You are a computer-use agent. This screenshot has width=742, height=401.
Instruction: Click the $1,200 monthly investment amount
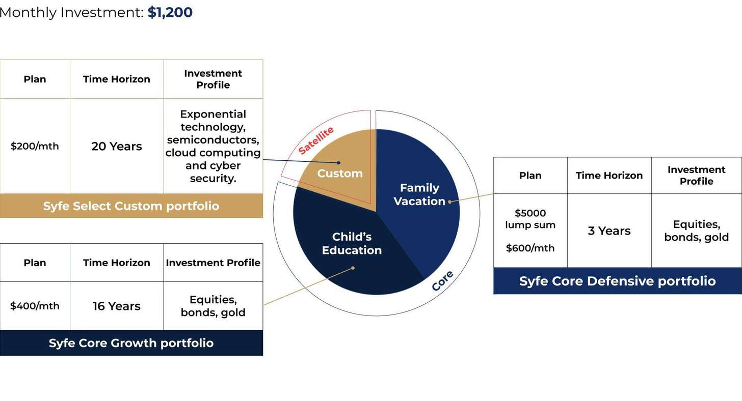(x=170, y=12)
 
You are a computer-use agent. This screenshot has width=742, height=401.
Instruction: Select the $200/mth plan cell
(x=35, y=146)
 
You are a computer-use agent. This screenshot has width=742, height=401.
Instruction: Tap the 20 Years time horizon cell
(x=117, y=146)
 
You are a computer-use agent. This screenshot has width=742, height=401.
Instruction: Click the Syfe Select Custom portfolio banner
(x=131, y=206)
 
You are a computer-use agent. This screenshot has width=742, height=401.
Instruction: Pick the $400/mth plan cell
(x=35, y=306)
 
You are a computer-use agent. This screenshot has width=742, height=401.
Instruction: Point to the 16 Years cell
(x=117, y=306)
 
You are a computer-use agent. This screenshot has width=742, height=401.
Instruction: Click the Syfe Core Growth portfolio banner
(x=131, y=343)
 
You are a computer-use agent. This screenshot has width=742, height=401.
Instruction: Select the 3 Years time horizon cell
(x=609, y=231)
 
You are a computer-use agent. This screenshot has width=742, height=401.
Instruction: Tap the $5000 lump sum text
(x=530, y=219)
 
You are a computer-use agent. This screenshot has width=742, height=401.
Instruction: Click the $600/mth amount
(x=530, y=248)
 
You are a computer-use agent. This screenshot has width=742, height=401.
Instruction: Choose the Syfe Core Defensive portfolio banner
(x=617, y=281)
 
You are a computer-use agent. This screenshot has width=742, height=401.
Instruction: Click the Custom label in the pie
(x=340, y=174)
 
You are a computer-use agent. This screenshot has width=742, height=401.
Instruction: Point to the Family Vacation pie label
(x=419, y=194)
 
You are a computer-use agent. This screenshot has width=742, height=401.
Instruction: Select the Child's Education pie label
(x=352, y=243)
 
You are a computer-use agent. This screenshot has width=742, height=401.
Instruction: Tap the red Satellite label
(x=316, y=140)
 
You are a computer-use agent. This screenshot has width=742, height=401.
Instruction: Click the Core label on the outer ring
(x=442, y=281)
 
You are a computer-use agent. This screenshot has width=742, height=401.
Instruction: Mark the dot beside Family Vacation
(x=449, y=202)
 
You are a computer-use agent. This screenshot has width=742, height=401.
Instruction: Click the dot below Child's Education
(x=353, y=268)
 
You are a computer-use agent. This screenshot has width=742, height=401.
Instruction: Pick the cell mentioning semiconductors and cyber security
(x=213, y=146)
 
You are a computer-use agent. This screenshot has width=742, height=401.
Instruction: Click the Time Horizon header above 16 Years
(x=117, y=263)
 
